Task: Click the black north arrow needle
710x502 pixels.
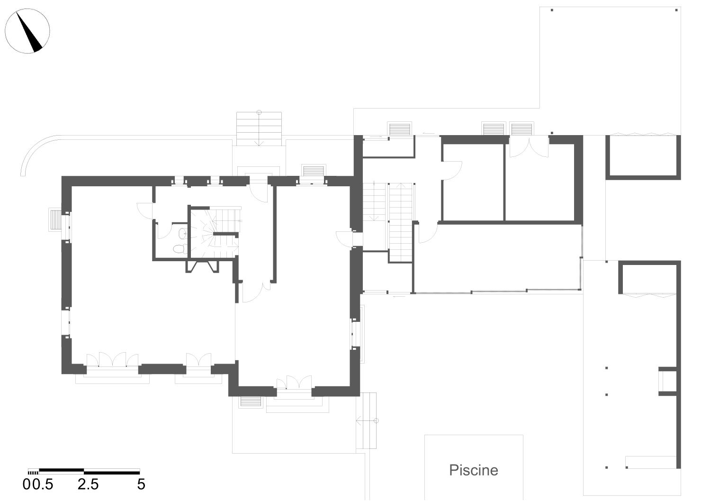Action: (29, 32)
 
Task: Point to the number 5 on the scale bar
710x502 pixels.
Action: (141, 484)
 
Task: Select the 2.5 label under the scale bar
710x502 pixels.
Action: (88, 484)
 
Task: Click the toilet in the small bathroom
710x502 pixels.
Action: (180, 248)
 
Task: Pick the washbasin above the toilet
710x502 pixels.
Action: (183, 234)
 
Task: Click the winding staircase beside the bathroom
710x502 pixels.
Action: (215, 233)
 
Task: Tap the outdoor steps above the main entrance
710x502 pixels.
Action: (259, 129)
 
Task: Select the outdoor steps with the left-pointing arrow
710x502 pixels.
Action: (367, 420)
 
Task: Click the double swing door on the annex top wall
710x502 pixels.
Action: (529, 146)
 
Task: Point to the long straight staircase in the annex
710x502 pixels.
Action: (401, 222)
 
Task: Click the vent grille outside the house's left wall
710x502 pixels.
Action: (55, 219)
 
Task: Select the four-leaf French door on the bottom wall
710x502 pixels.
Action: (113, 359)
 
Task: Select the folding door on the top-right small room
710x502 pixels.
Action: (643, 135)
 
